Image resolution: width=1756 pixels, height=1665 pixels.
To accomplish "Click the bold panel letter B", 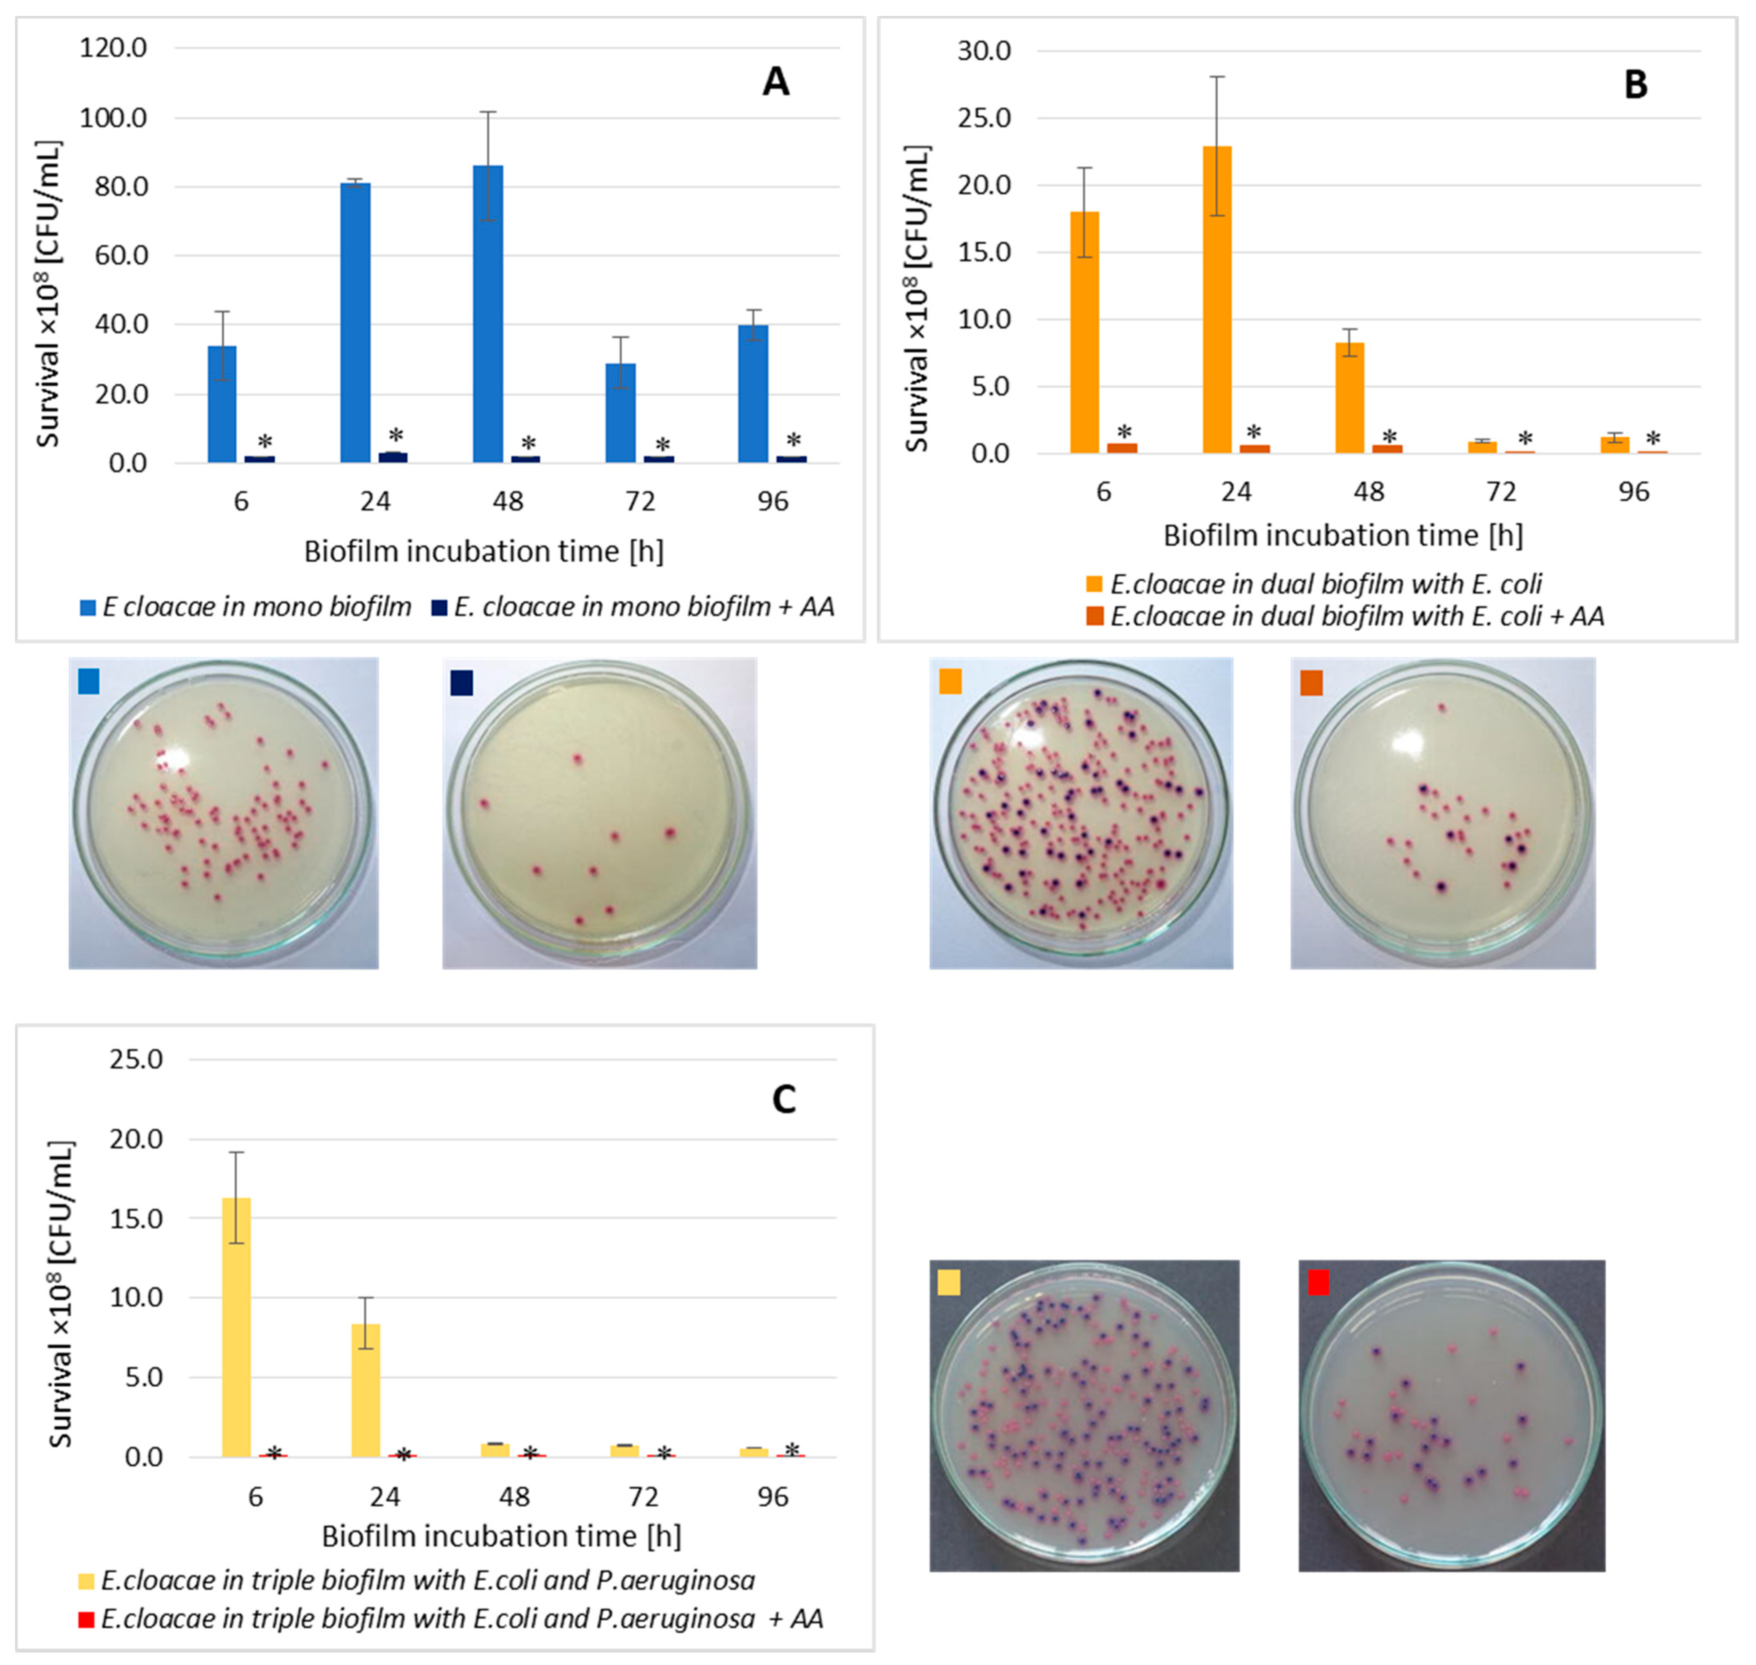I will pyautogui.click(x=1635, y=85).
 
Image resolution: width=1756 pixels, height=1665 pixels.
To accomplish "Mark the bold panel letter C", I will pyautogui.click(x=784, y=1100).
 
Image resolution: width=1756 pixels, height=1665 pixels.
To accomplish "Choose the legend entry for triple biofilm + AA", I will pyautogui.click(x=453, y=1619).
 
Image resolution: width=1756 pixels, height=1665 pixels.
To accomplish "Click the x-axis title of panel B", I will pyautogui.click(x=1342, y=535).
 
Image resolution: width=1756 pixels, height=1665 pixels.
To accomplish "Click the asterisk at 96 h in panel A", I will pyautogui.click(x=793, y=440).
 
